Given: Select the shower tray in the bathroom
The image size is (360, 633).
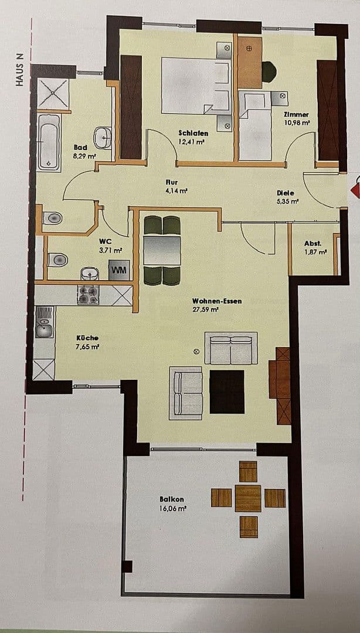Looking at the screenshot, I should tap(53, 94).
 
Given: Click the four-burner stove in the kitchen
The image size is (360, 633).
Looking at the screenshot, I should tap(88, 295).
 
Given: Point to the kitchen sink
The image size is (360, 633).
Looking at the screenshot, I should tap(44, 330).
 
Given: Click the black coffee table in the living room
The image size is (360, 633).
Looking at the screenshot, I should tap(227, 392).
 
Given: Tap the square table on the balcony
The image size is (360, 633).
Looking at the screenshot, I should tap(248, 498).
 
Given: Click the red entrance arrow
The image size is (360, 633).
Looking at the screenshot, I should tap(354, 190).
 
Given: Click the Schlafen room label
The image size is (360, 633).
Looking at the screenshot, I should tap(193, 133).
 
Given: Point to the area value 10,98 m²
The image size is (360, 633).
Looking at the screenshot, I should tap(296, 123).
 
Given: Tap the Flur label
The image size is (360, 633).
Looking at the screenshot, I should tap(171, 182).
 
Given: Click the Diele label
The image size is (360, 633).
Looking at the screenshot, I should tap(286, 193).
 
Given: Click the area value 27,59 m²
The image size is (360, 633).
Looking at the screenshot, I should tap(205, 309).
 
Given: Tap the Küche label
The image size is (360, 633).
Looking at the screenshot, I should tap(87, 338).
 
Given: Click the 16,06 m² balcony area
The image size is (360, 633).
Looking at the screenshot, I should tap(173, 509).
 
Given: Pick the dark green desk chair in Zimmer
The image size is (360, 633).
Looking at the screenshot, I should tap(269, 72).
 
